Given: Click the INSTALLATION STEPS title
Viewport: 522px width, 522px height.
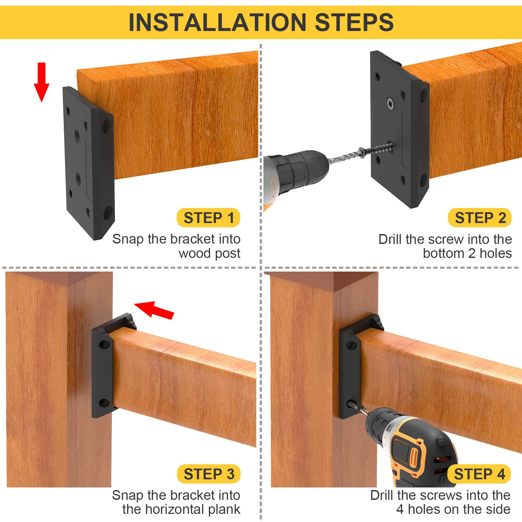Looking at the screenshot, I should click(x=261, y=22).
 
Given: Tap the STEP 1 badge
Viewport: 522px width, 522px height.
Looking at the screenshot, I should click(x=209, y=218).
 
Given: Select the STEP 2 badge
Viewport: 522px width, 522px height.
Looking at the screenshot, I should click(x=480, y=218).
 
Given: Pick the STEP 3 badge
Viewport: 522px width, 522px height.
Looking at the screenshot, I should click(x=209, y=474).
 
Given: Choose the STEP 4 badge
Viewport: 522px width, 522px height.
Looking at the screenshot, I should click(x=479, y=474).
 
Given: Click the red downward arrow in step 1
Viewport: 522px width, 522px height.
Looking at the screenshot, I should click(x=41, y=82).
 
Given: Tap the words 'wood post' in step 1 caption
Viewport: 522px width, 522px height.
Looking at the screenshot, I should click(x=209, y=254).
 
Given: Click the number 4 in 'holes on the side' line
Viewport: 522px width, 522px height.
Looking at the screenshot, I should click(x=400, y=510).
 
